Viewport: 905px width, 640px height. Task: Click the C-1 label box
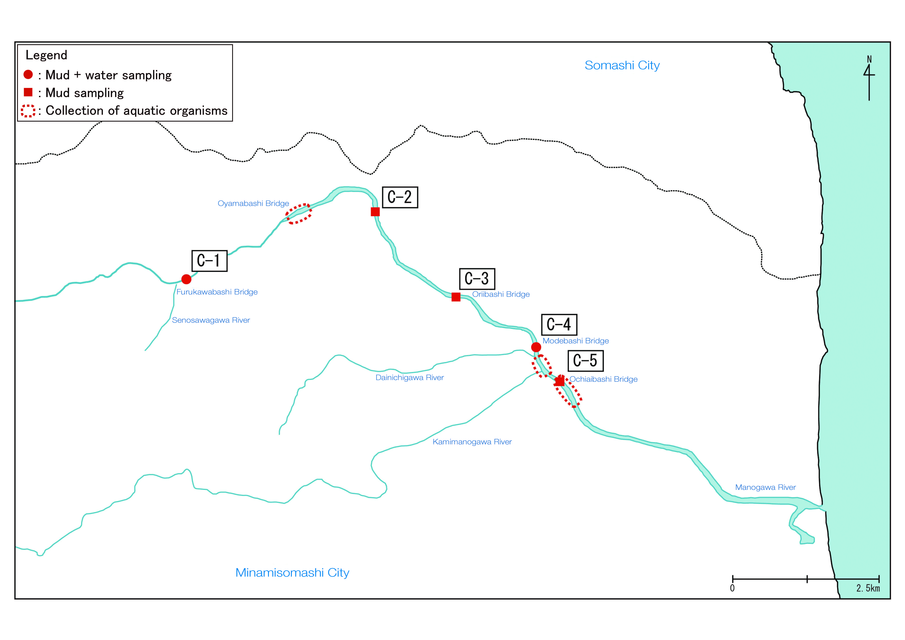[x=209, y=261]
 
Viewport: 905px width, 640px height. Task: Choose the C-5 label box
[x=585, y=361]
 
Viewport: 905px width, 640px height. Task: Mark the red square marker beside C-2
[x=375, y=212]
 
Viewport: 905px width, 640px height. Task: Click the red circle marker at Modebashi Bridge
[x=536, y=347]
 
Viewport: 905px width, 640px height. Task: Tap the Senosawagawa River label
[x=211, y=320]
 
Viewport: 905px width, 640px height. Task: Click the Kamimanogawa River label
[x=472, y=442]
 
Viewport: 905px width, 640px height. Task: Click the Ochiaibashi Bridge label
[x=603, y=379]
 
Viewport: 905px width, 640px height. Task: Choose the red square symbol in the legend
[x=28, y=92]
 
